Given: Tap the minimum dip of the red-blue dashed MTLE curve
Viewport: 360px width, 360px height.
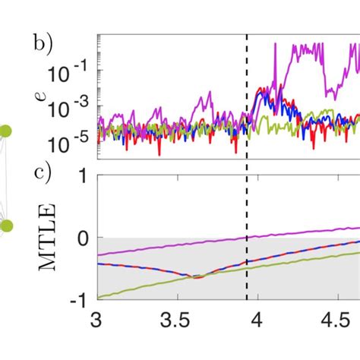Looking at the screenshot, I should [197, 277].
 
